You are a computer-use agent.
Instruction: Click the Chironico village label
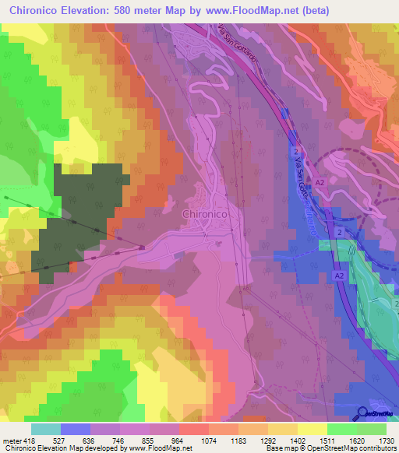205,213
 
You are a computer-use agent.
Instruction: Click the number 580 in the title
140,11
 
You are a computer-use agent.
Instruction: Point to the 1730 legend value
377,440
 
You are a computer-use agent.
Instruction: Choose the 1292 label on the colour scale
269,440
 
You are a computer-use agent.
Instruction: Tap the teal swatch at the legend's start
45,429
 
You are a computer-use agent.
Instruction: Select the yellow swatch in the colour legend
312,429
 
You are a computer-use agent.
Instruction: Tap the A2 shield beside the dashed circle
320,183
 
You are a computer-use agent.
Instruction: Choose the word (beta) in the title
315,11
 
